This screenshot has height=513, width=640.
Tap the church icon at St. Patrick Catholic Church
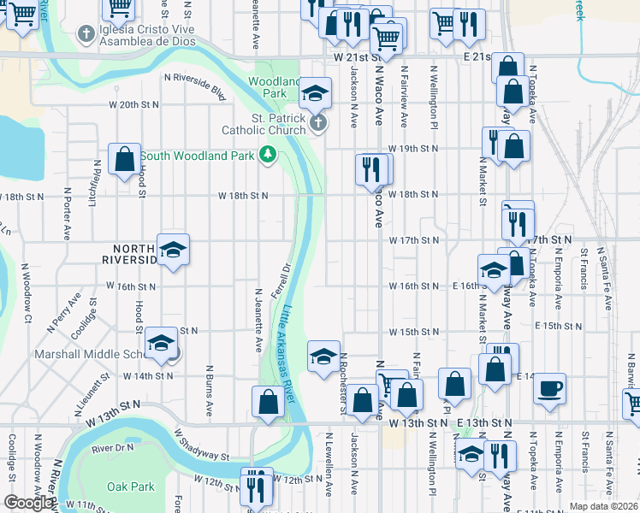pyautogui.click(x=318, y=123)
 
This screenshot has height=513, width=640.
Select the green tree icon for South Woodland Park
pyautogui.click(x=269, y=155)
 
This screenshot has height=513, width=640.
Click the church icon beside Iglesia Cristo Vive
pyautogui.click(x=85, y=35)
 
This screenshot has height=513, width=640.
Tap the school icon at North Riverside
pyautogui.click(x=174, y=250)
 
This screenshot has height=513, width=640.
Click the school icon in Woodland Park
pyautogui.click(x=316, y=92)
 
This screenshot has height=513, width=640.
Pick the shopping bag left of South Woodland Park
pyautogui.click(x=125, y=158)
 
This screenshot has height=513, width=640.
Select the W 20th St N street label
pyautogui.click(x=133, y=104)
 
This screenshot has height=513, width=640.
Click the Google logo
pyautogui.click(x=29, y=503)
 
